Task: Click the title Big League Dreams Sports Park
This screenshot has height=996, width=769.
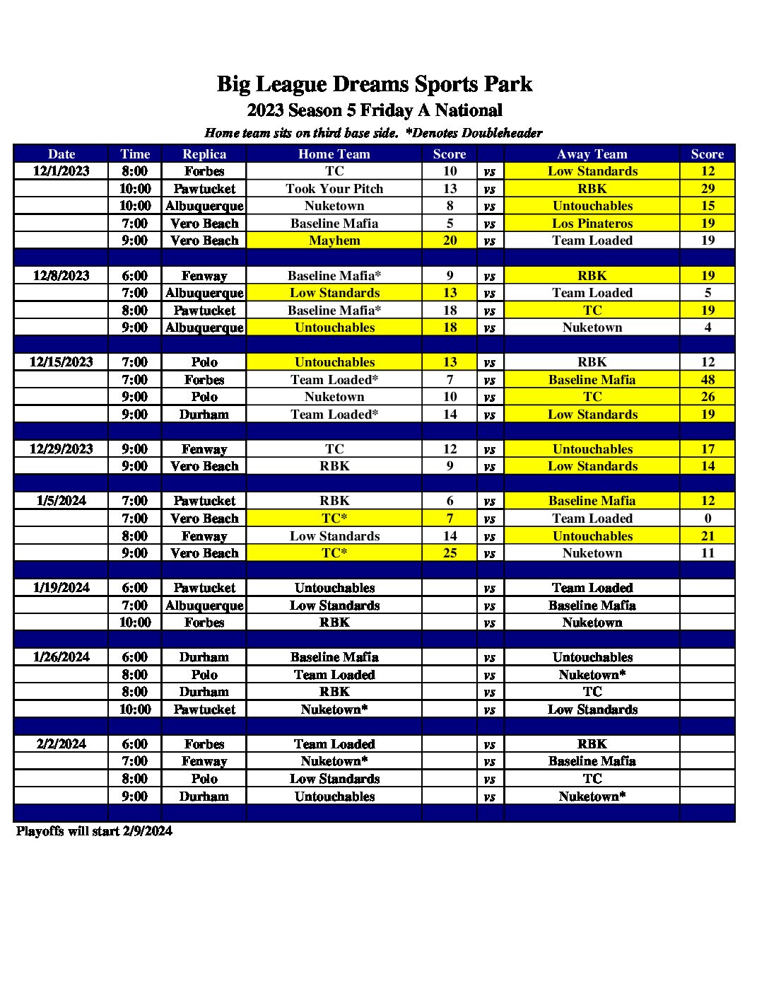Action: (x=374, y=84)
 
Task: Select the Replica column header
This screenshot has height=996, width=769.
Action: (x=204, y=154)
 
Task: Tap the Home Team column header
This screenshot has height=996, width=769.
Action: (x=334, y=154)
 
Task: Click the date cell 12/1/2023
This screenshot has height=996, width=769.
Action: (x=61, y=171)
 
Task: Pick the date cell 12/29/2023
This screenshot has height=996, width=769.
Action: (x=61, y=449)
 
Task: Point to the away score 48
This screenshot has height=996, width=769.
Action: (x=708, y=380)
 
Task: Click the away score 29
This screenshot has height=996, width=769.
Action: (x=708, y=189)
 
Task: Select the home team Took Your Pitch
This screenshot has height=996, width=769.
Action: (x=334, y=189)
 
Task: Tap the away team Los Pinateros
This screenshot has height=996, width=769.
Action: (x=592, y=224)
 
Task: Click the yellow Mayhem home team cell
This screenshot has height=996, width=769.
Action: (x=334, y=241)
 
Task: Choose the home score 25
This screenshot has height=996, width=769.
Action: (x=450, y=553)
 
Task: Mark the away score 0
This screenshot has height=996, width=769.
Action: (x=708, y=519)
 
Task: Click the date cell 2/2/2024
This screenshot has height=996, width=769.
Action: (x=61, y=744)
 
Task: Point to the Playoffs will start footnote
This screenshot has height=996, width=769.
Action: (x=94, y=831)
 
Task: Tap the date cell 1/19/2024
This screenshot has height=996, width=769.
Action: (x=61, y=588)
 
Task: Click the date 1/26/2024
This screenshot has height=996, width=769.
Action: (x=61, y=657)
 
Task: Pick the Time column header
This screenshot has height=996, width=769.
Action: (x=135, y=154)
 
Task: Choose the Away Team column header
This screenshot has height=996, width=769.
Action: (x=592, y=154)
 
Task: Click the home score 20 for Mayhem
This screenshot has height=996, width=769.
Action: (x=450, y=241)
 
